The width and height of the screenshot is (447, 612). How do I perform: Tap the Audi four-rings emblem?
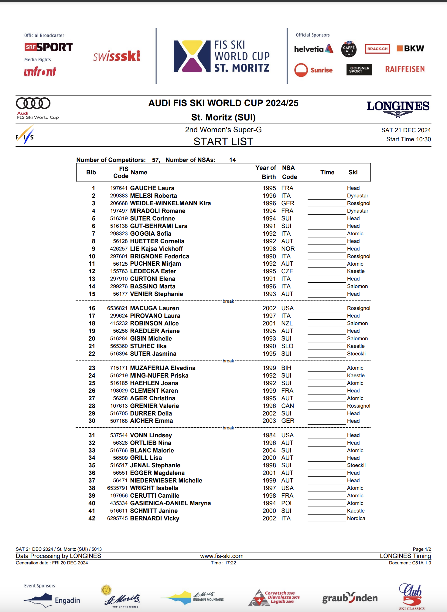pyautogui.click(x=33, y=103)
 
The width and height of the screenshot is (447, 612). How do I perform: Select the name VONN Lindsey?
pyautogui.click(x=151, y=435)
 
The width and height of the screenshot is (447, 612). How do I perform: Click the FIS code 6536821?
pyautogui.click(x=117, y=308)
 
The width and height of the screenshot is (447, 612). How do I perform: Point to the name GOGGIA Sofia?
pyautogui.click(x=151, y=234)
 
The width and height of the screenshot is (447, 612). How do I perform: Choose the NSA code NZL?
pyautogui.click(x=287, y=323)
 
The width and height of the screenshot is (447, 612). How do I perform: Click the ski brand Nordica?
pyautogui.click(x=356, y=518)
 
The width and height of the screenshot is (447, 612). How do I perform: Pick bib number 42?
pyautogui.click(x=92, y=518)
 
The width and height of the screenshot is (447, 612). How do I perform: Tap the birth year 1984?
pyautogui.click(x=269, y=435)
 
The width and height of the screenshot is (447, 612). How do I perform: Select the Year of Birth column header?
pyautogui.click(x=266, y=172)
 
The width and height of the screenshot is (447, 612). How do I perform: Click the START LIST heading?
pyautogui.click(x=223, y=142)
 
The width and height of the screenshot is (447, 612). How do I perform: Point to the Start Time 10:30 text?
pyautogui.click(x=408, y=139)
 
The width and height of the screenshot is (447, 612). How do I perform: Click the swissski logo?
pyautogui.click(x=117, y=56)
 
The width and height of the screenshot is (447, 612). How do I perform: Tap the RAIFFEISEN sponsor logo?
pyautogui.click(x=405, y=69)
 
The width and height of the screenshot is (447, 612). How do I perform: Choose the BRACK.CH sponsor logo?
pyautogui.click(x=377, y=49)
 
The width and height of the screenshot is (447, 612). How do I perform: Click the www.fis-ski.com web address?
pyautogui.click(x=222, y=556)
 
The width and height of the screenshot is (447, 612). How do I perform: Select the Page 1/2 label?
pyautogui.click(x=421, y=549)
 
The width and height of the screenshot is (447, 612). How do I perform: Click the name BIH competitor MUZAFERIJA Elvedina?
pyautogui.click(x=163, y=368)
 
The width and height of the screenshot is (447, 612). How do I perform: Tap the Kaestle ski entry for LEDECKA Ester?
pyautogui.click(x=356, y=271)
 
